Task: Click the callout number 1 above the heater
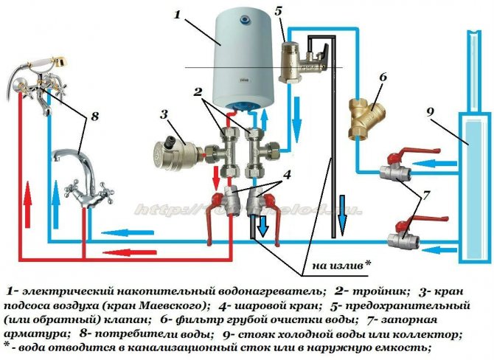177,13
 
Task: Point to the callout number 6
382,77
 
